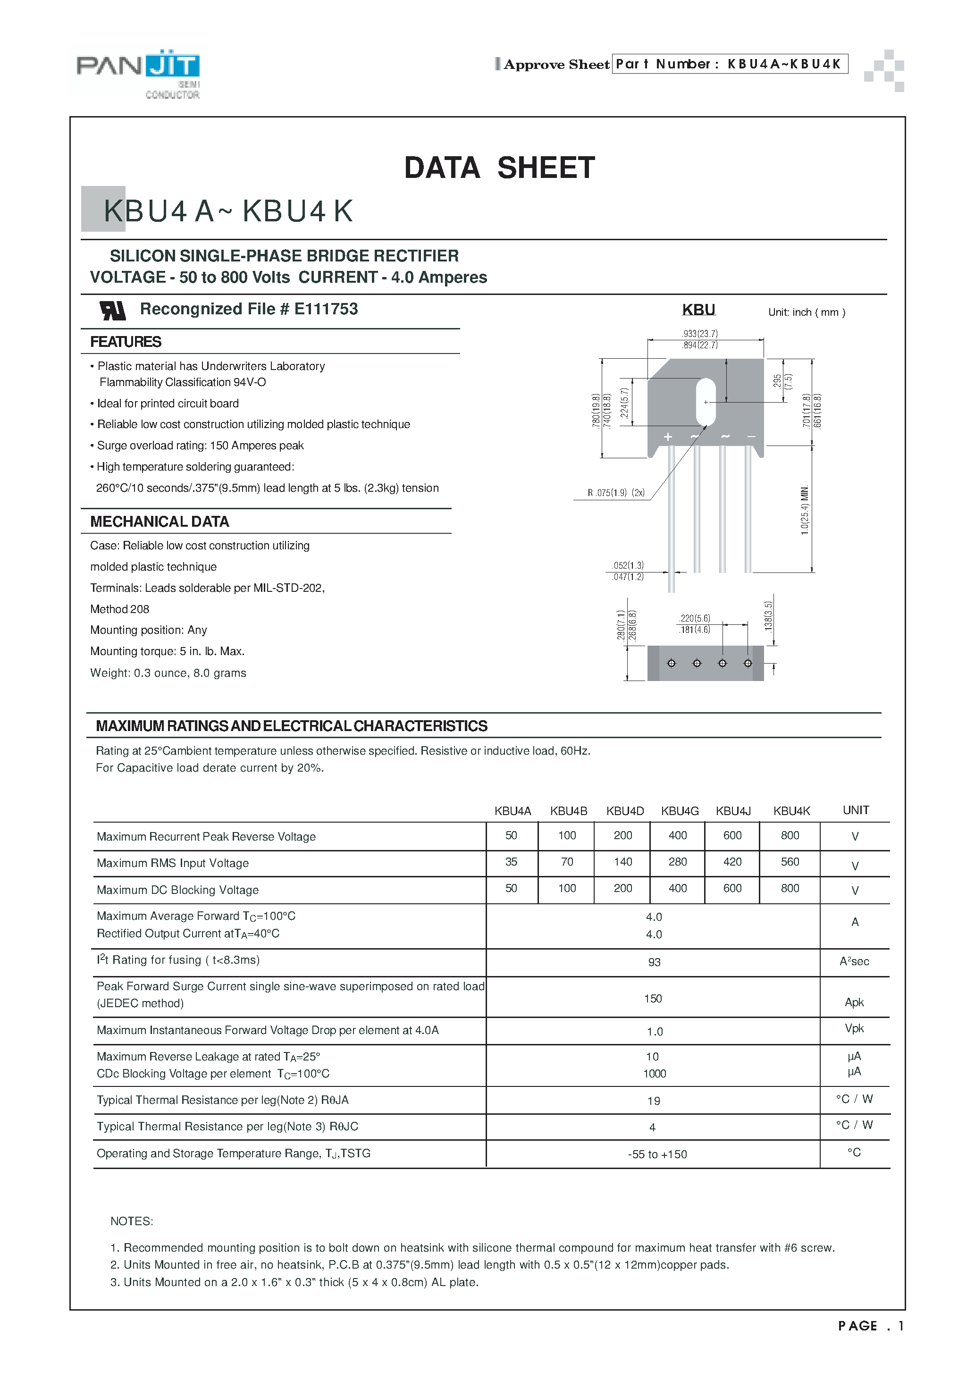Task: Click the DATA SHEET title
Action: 499,168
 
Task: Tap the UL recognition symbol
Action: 112,310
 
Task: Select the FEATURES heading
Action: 126,342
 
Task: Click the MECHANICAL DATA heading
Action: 160,522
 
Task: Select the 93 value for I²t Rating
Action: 654,962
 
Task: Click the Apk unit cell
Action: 854,1002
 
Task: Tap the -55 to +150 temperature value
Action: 657,1154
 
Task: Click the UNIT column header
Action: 856,810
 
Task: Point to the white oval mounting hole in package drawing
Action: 705,402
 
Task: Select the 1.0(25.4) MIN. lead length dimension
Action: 805,510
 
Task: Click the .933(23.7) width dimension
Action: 700,334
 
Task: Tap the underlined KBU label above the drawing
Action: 698,310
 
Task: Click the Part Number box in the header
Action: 729,64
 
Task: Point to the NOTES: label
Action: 132,1221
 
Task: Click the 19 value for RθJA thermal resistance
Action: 654,1101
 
